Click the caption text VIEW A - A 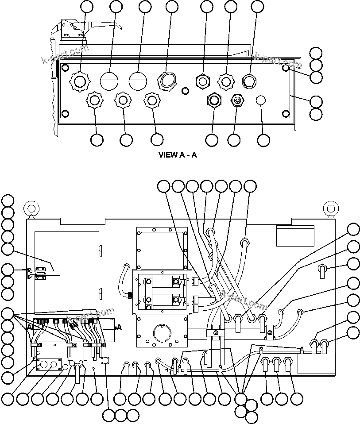coord(178,155)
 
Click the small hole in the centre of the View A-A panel coord(186,91)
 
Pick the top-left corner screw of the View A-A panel coord(65,68)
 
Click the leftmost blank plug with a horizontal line coord(108,81)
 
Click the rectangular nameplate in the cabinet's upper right coord(295,236)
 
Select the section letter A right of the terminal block coord(118,328)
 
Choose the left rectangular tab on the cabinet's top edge coord(82,221)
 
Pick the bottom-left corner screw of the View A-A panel coord(65,114)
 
